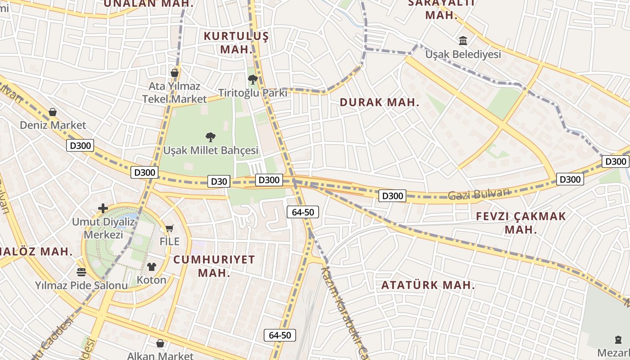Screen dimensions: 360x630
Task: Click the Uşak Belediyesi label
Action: pyautogui.click(x=463, y=54)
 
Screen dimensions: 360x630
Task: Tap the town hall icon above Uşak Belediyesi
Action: pyautogui.click(x=463, y=41)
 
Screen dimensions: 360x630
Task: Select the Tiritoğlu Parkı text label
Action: pyautogui.click(x=252, y=93)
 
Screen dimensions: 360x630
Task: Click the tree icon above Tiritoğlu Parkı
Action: pyautogui.click(x=252, y=80)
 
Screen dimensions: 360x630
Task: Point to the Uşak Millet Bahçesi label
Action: pyautogui.click(x=211, y=150)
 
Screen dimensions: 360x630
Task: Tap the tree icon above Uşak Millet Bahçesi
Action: pyautogui.click(x=210, y=137)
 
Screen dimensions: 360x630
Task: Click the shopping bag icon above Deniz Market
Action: pyautogui.click(x=53, y=112)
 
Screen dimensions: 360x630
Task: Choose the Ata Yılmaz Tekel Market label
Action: pyautogui.click(x=175, y=92)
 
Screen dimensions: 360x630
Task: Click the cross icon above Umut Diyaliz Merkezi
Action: pyautogui.click(x=103, y=208)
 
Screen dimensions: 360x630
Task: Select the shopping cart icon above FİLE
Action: pyautogui.click(x=169, y=229)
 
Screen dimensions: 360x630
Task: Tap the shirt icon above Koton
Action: pyautogui.click(x=151, y=267)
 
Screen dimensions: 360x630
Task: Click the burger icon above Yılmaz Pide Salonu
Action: pyautogui.click(x=81, y=272)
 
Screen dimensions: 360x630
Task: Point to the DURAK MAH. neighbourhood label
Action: pyautogui.click(x=379, y=102)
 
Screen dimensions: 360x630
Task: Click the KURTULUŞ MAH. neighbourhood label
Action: pyautogui.click(x=236, y=43)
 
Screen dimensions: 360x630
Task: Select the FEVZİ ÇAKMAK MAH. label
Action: pyautogui.click(x=521, y=223)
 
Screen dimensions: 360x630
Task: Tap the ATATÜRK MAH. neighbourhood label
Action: pyautogui.click(x=428, y=285)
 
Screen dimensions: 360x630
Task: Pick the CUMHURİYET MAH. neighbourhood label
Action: pyautogui.click(x=214, y=266)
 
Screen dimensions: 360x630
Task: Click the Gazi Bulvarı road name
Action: pyautogui.click(x=479, y=194)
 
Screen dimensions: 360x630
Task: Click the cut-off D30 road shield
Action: pyautogui.click(x=219, y=181)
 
